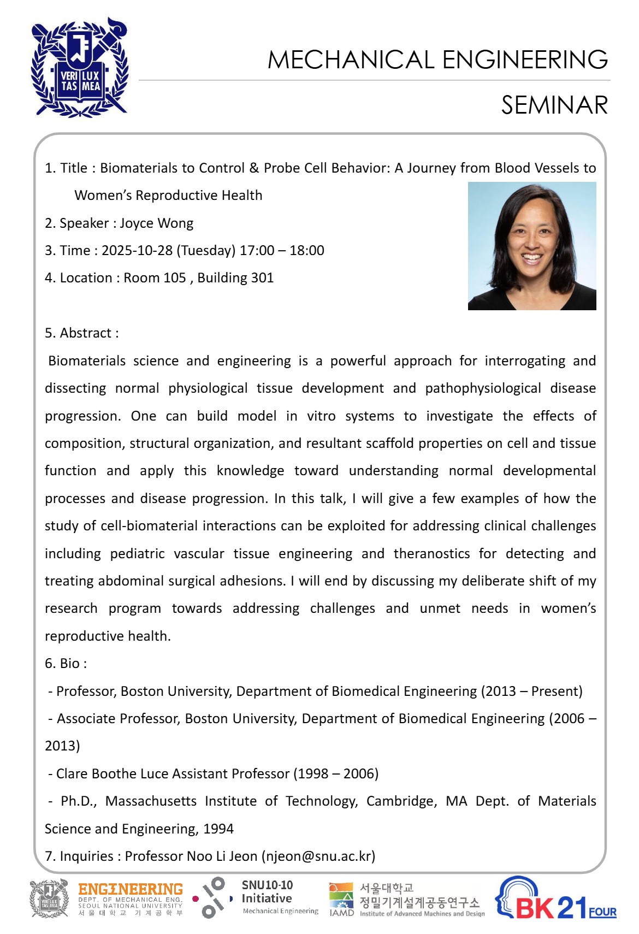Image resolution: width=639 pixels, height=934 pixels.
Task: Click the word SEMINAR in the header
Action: [x=554, y=105]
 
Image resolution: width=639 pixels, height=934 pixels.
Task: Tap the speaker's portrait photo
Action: [x=531, y=246]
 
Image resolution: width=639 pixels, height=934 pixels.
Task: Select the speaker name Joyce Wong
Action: [x=156, y=223]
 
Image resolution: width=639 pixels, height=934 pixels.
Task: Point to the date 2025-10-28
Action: [x=137, y=251]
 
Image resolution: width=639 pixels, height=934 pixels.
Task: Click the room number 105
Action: [x=175, y=278]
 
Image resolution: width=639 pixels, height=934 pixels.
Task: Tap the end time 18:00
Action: [x=307, y=251]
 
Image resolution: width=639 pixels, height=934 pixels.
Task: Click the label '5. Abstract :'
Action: [x=82, y=333]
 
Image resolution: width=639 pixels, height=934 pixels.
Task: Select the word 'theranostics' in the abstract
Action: [x=431, y=554]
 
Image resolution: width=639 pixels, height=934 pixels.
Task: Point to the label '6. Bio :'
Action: [x=66, y=664]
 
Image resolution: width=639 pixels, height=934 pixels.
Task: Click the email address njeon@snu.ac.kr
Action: [x=318, y=856]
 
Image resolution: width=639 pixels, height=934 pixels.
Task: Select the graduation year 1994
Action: [x=218, y=829]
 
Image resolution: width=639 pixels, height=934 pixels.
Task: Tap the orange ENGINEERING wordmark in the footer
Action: [x=131, y=890]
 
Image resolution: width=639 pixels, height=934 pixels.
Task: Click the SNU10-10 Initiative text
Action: [x=267, y=891]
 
